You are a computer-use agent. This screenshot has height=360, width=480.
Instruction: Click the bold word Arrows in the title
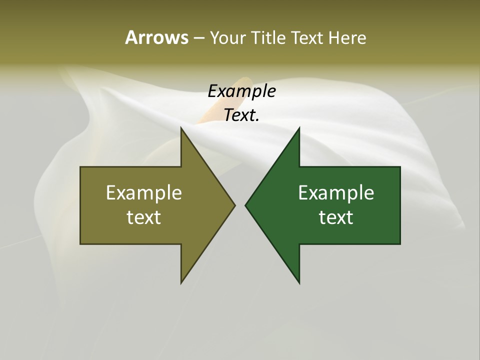point(156,37)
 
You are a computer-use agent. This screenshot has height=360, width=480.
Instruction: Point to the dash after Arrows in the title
point(198,38)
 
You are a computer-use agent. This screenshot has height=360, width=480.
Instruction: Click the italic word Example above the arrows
point(241,91)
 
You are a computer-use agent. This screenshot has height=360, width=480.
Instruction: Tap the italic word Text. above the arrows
point(240,115)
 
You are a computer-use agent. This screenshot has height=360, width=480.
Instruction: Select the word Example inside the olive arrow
point(144,192)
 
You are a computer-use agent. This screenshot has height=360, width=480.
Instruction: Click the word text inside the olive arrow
point(144,217)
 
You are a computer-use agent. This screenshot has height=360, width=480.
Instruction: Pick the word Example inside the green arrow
point(336,192)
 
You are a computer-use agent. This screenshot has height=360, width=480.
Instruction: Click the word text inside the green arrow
point(336,217)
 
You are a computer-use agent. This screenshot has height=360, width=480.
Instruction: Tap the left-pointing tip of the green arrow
point(246,205)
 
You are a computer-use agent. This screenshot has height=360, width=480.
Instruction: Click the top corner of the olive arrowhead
point(181,128)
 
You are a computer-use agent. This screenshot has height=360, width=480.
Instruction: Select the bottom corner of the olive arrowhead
point(181,282)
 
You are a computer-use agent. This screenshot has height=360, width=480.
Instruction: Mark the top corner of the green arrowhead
point(299,128)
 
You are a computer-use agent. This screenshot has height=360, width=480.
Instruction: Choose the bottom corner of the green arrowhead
point(299,282)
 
